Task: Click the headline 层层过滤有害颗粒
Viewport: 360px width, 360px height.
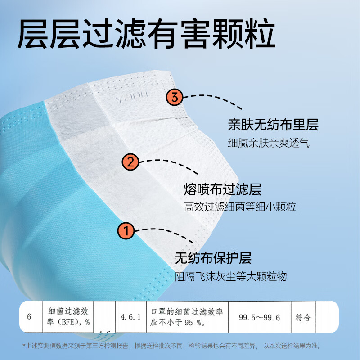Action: pos(146,33)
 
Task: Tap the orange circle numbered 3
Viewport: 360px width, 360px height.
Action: pos(175,96)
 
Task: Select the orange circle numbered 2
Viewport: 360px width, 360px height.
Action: pos(130,162)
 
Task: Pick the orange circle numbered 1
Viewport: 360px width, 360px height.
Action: pos(127,232)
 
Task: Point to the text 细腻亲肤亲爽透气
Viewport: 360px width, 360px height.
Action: pos(269,143)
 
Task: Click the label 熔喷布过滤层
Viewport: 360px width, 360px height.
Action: pos(223,189)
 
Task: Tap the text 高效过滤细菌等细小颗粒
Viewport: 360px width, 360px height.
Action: pos(240,207)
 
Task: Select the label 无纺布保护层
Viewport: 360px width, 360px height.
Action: pos(213,258)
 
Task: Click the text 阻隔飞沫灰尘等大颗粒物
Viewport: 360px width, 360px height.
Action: pos(231,276)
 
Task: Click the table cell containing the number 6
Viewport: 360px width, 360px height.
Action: pos(29,317)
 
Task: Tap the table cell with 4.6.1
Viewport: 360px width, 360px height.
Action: pos(130,317)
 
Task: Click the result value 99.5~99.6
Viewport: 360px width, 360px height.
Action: pos(259,317)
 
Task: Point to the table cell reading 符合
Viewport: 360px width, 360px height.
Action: pos(303,317)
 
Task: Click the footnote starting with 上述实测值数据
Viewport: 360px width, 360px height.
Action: pos(173,346)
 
